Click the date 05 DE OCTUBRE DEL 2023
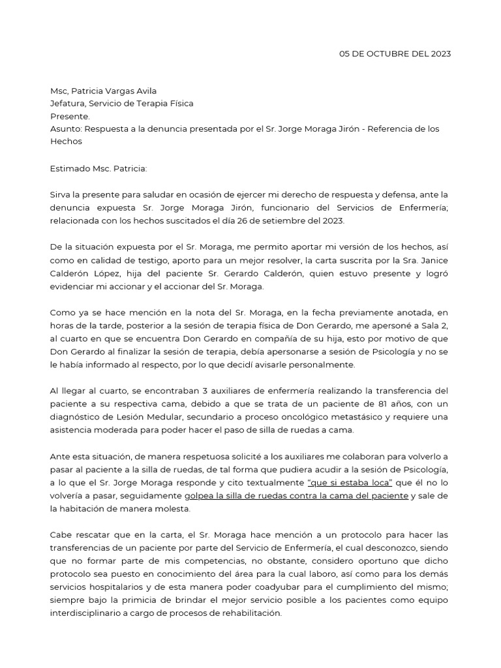tap(395, 53)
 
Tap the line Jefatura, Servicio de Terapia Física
tap(121, 103)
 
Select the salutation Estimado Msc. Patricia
tap(99, 168)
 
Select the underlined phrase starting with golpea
tap(297, 495)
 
